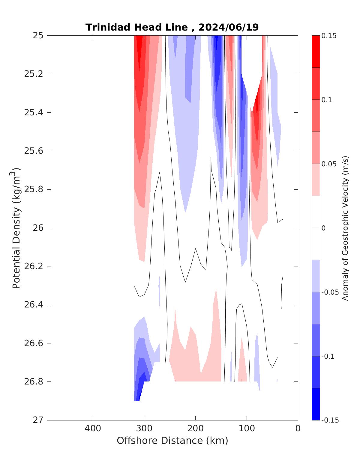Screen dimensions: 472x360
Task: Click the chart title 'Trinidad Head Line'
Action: coord(137,28)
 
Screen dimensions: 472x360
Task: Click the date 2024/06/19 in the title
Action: coord(228,28)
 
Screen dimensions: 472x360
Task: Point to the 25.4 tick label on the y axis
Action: coord(33,113)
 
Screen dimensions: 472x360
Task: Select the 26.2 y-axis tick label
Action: coord(33,266)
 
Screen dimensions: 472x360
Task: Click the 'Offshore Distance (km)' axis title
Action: coord(172,441)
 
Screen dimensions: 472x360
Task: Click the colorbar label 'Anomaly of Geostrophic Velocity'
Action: coord(345,228)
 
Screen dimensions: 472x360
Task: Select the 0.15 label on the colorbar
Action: coord(329,36)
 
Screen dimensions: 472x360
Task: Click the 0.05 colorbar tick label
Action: coord(329,164)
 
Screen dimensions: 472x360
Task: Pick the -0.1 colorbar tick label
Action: coord(328,356)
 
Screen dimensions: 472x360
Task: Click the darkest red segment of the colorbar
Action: coord(316,52)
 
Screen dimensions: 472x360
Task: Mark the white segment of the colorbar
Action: coord(316,228)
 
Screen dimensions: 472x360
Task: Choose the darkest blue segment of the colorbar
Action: coord(316,404)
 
